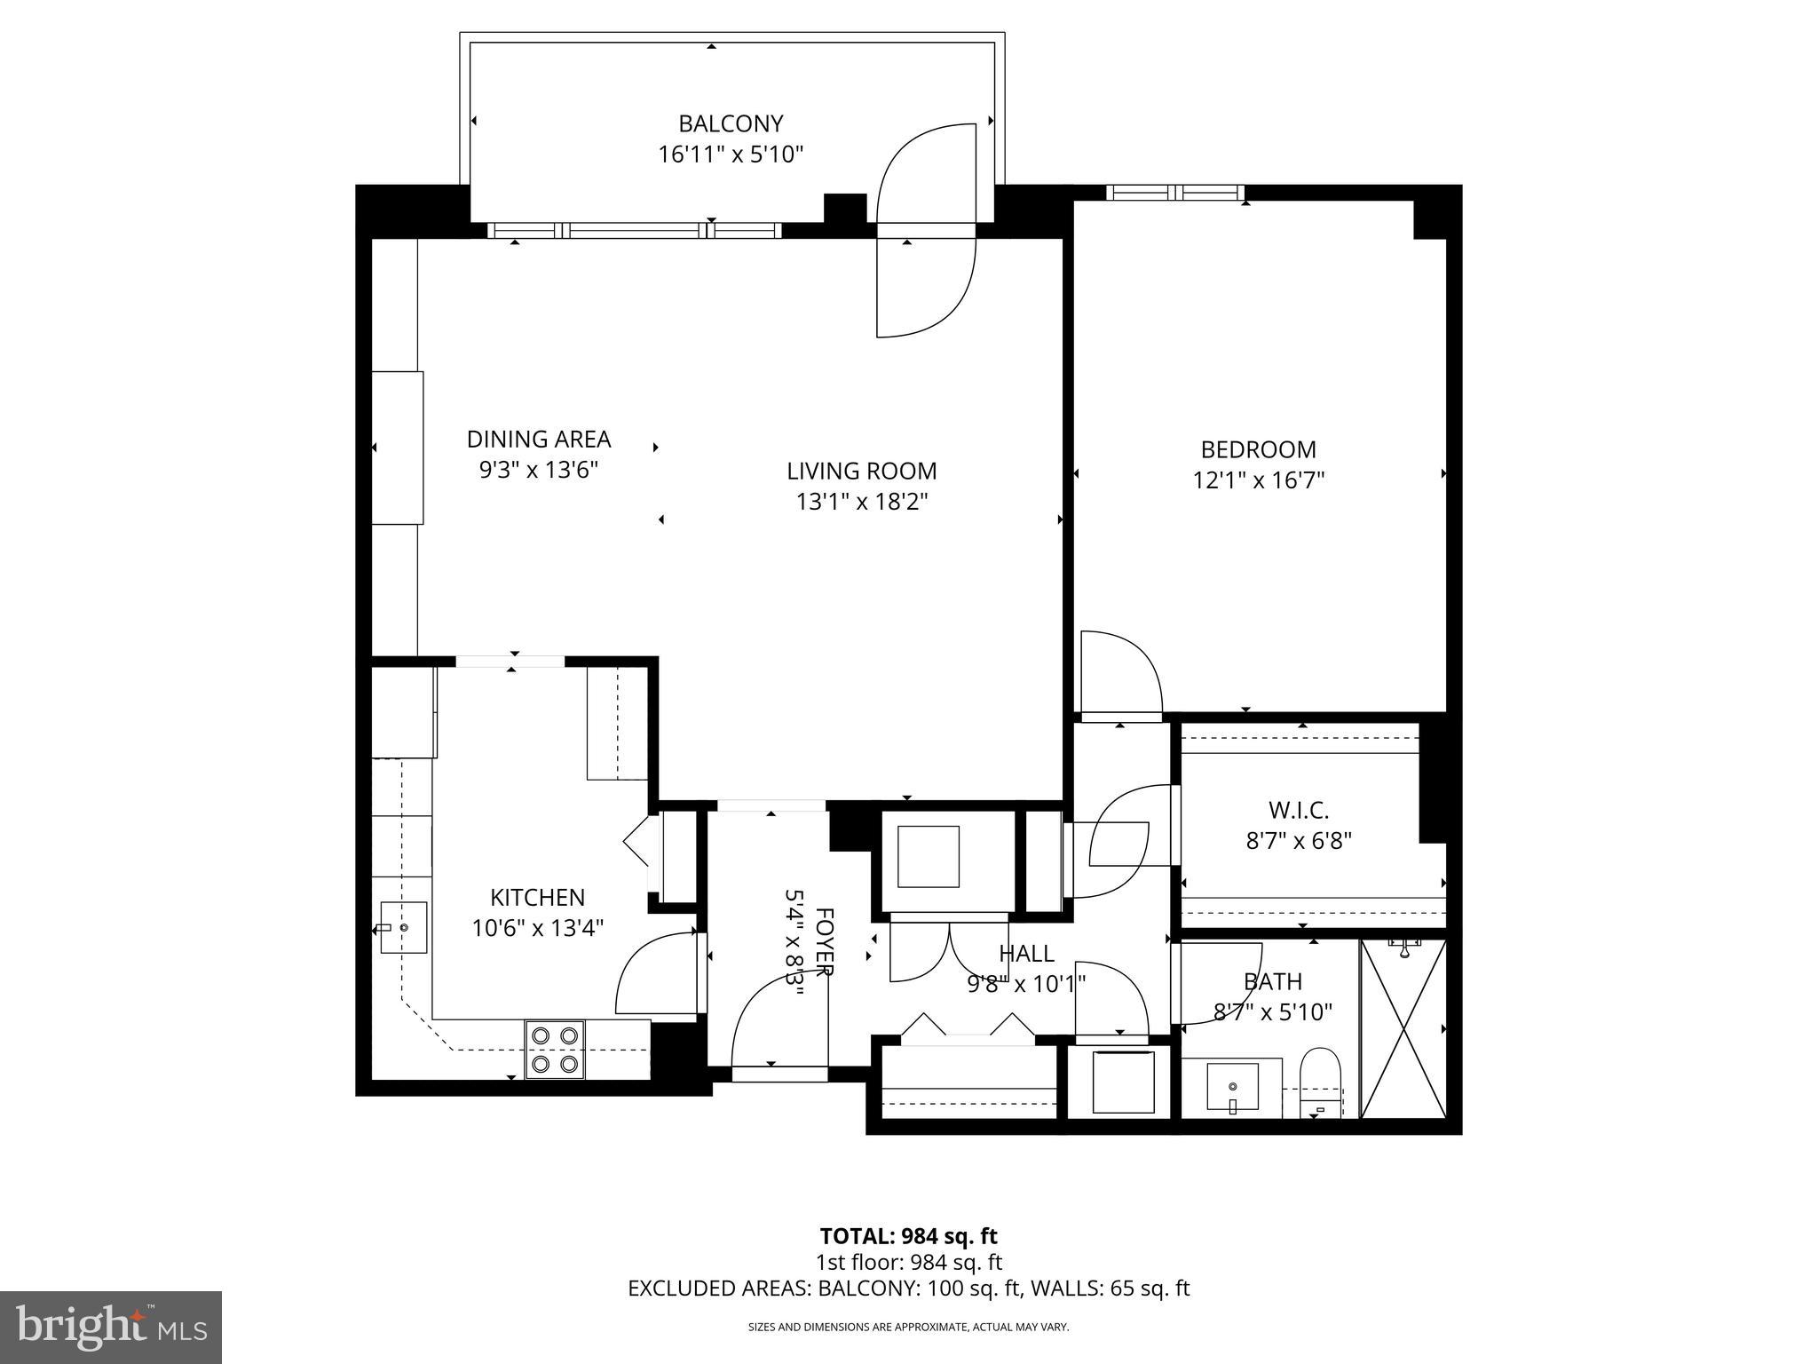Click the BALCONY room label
[731, 123]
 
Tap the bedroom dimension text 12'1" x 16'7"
[1258, 480]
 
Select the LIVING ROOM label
[861, 471]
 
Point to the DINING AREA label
[539, 439]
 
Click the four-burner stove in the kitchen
[555, 1049]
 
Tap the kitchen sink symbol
[404, 927]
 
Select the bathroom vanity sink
[1232, 1087]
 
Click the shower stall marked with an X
[1403, 1028]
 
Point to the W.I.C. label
[1298, 810]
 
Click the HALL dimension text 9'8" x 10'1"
[1026, 983]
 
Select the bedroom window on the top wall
[1174, 193]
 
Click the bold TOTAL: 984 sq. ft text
[908, 1235]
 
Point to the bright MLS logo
[110, 1327]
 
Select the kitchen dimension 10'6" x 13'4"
[538, 929]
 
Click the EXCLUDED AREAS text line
[908, 1288]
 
